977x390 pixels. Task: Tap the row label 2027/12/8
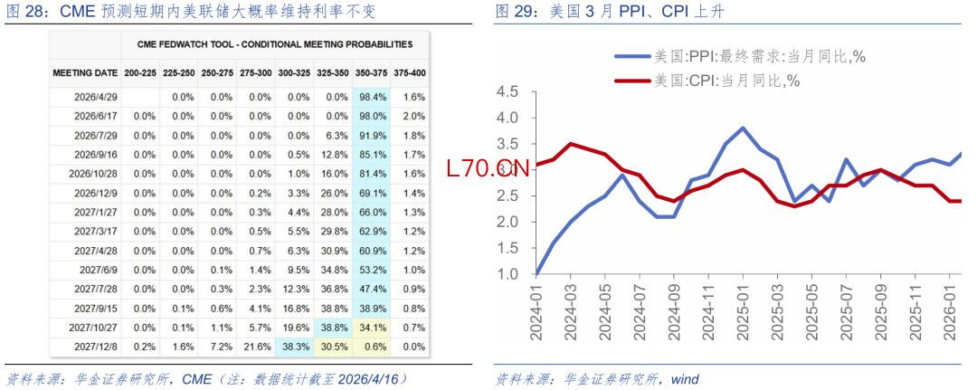95,346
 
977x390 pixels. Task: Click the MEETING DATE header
85,72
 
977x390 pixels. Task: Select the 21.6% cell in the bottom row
259,346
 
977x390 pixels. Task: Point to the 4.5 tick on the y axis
507,92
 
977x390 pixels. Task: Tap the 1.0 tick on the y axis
507,274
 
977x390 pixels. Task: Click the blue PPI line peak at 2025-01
743,128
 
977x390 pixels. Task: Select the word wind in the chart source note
685,378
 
